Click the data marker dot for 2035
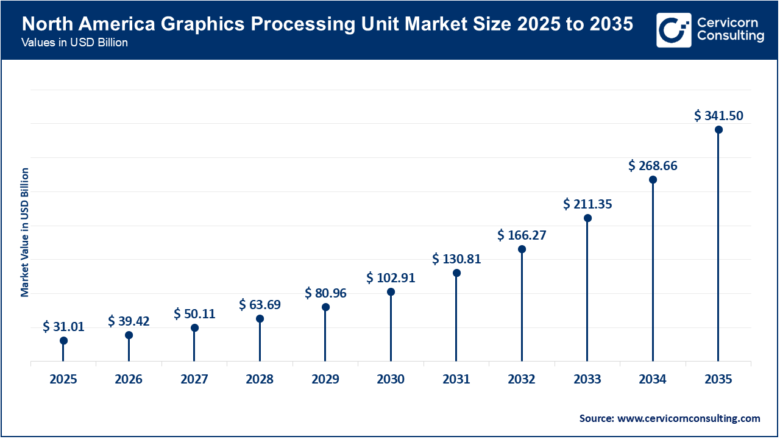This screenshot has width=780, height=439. point(718,130)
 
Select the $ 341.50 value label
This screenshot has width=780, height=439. point(718,115)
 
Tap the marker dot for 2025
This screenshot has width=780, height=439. point(63,341)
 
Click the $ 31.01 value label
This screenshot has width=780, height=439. point(63,327)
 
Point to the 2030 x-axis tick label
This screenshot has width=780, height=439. point(391,379)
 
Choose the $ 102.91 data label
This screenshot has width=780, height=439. point(391,278)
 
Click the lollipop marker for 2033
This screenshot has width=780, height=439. point(587,218)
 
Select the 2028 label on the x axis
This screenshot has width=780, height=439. point(260,379)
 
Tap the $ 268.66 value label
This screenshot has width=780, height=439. point(653,165)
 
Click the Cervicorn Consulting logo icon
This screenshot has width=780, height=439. point(674,30)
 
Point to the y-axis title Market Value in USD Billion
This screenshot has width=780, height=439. point(25,232)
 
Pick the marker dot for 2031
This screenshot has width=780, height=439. point(456,273)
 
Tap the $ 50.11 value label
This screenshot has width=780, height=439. point(194,313)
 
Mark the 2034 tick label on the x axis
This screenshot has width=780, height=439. point(653,379)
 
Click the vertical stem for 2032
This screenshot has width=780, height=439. point(522,305)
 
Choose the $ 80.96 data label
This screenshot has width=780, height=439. point(325,293)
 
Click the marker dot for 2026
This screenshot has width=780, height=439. point(129,335)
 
